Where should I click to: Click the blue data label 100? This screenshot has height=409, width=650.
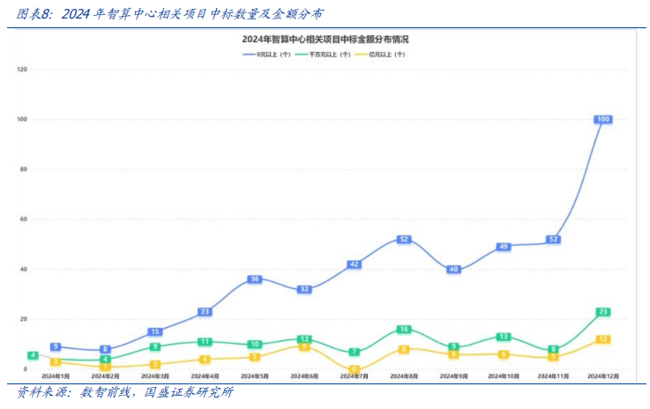603,119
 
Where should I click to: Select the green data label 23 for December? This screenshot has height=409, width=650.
603,312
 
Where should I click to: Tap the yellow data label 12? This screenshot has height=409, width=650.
603,339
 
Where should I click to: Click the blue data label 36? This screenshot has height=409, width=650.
254,279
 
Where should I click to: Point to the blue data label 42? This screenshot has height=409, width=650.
354,264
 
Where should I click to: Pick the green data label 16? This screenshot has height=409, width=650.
404,329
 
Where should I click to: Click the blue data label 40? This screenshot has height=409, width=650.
453,269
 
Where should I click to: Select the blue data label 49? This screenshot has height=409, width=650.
504,247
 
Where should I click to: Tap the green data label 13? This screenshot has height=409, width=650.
504,337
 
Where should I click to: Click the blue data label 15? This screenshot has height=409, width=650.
154,331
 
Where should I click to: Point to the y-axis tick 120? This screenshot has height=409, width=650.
22,69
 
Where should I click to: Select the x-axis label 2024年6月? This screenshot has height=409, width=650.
304,376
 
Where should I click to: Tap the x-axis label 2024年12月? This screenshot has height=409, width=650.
603,376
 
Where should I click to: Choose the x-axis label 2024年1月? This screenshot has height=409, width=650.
55,376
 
